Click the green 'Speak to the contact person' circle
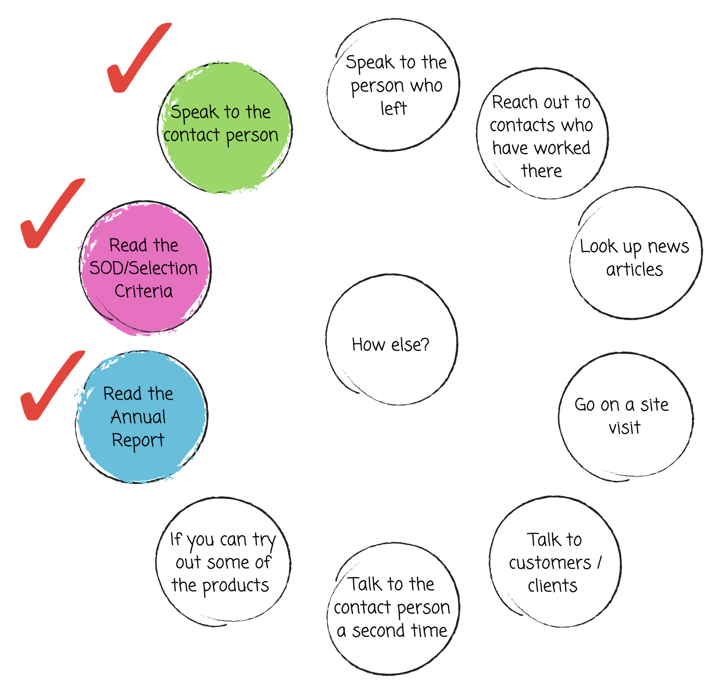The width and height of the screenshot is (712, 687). pos(224,127)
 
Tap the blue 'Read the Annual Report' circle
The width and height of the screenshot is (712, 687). pos(141,416)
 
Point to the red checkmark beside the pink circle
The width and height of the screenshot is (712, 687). pos(52,213)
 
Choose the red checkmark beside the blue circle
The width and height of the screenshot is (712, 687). pos(52,385)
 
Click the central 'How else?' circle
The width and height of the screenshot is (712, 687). pos(391,339)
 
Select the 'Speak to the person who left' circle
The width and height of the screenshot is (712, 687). pos(393,85)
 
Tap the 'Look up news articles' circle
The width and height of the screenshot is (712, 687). pos(635,252)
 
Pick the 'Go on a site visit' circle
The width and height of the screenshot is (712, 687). pos(625,417)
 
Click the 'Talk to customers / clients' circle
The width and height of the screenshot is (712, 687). pos(555,561)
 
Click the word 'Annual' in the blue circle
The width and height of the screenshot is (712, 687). pos(138,417)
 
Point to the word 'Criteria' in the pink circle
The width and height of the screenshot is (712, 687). pos(144,291)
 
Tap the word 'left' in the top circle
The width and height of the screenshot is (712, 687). pos(393,108)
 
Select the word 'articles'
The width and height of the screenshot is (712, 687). pos(634,269)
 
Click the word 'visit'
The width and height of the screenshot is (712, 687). pos(624,427)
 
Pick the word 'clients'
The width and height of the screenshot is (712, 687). pos(552,585)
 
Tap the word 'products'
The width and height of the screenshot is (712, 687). pos(235,586)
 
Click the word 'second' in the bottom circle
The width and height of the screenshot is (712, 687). pos(378,630)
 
